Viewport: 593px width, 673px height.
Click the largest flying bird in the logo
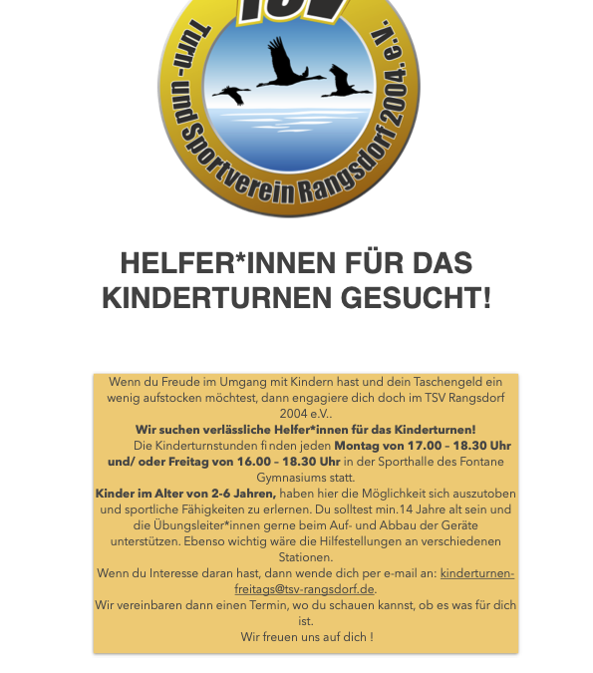coord(290,66)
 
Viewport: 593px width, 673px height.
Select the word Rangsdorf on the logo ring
coord(345,169)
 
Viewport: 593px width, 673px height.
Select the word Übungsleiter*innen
coord(204,525)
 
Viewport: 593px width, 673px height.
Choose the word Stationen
coord(306,557)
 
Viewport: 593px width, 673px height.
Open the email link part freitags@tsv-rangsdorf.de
coord(305,589)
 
